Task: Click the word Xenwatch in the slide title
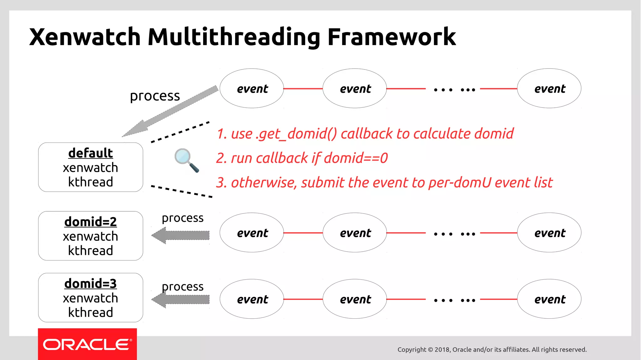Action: click(x=85, y=37)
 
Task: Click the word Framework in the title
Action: click(x=391, y=37)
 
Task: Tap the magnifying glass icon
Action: click(x=186, y=160)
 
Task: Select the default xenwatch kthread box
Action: click(x=90, y=167)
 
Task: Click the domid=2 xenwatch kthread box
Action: click(x=90, y=236)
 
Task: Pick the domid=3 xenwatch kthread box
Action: click(x=90, y=297)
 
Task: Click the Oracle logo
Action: click(x=87, y=344)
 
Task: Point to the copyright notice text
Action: click(x=492, y=349)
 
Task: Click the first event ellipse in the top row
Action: click(x=252, y=89)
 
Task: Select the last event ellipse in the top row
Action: click(x=549, y=89)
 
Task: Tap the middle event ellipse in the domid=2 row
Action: click(x=355, y=233)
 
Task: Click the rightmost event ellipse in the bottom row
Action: click(x=549, y=299)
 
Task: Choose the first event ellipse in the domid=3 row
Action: click(x=252, y=299)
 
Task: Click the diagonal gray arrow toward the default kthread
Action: click(x=171, y=111)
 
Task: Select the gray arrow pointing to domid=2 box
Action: click(x=181, y=235)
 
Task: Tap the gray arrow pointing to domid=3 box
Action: click(x=181, y=300)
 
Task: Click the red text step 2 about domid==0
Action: click(x=302, y=158)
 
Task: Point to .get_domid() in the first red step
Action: click(x=296, y=134)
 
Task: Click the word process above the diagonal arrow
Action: click(x=155, y=96)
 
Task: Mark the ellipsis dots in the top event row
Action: click(x=454, y=90)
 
